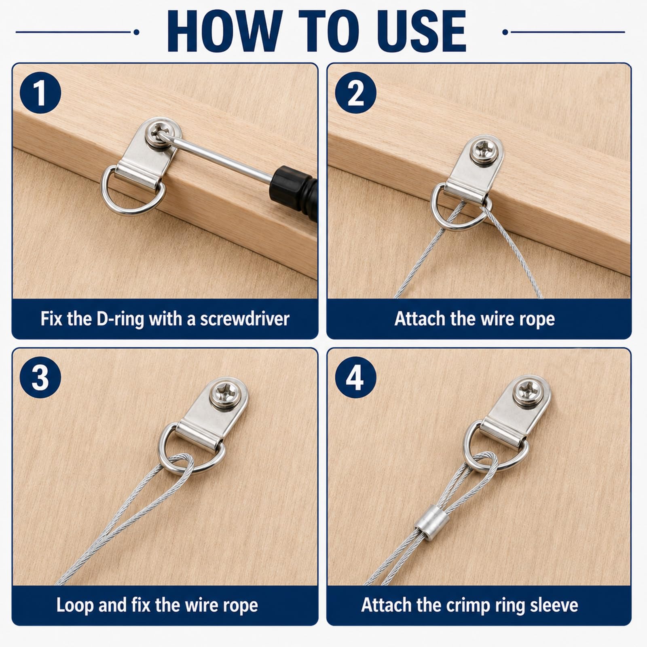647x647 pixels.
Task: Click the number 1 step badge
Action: tap(40, 93)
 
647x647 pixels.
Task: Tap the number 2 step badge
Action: tap(355, 93)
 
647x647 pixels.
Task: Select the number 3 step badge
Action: tap(40, 378)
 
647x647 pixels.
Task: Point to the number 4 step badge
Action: tap(355, 378)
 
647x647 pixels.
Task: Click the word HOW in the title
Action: tap(225, 32)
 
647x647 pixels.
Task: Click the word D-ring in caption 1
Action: tap(121, 319)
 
